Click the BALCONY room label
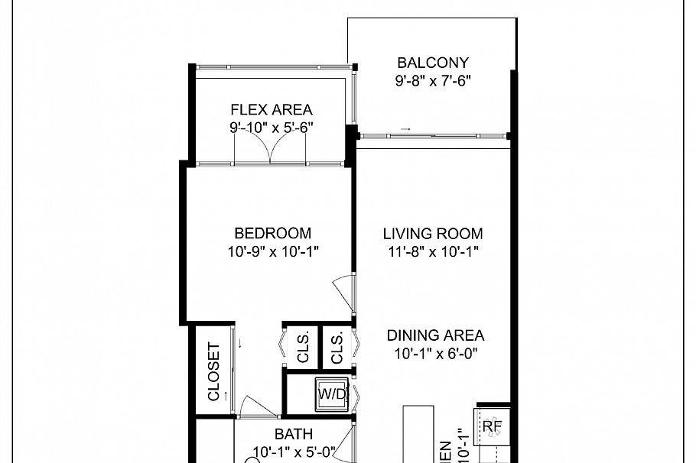pyautogui.click(x=432, y=63)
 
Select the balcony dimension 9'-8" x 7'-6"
pyautogui.click(x=432, y=80)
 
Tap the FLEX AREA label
pyautogui.click(x=271, y=110)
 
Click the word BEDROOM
pyautogui.click(x=272, y=234)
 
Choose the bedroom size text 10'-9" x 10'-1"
pyautogui.click(x=272, y=251)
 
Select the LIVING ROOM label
pyautogui.click(x=433, y=234)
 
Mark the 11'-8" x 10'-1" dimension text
pyautogui.click(x=433, y=251)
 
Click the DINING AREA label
pyautogui.click(x=434, y=335)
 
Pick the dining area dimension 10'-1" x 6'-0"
pyautogui.click(x=434, y=353)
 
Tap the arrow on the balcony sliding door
pyautogui.click(x=405, y=129)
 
